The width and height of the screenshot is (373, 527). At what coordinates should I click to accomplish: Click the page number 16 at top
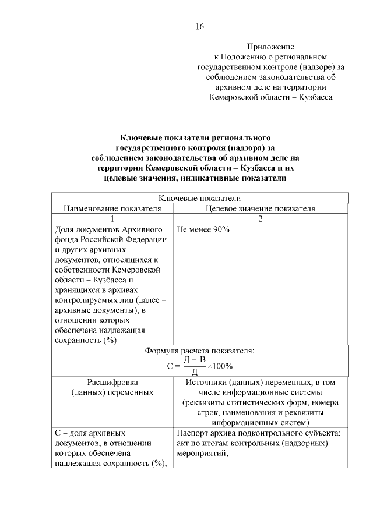199,26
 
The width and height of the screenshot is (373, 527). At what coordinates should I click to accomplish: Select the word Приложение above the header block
270,46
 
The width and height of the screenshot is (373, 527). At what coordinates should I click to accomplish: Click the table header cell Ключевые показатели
199,199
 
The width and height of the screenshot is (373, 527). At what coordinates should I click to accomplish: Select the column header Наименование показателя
112,208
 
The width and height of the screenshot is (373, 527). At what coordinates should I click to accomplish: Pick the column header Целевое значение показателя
260,208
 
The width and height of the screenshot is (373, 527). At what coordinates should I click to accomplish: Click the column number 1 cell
112,218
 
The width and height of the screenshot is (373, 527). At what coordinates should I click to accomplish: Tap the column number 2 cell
260,218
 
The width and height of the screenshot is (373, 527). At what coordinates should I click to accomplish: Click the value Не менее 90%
202,229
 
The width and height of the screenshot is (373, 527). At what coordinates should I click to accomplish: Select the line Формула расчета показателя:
199,351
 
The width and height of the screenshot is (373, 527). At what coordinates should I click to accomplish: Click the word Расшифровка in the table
112,383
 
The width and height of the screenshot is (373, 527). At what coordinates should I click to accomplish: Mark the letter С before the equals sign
170,366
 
